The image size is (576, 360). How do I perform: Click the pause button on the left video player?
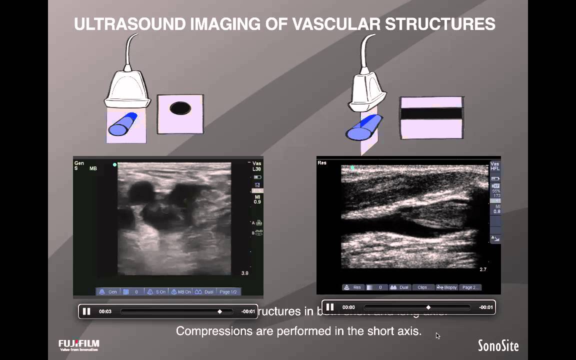coord(86,311)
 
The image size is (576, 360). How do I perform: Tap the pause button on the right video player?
coord(329,307)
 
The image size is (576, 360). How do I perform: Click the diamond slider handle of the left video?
coord(219,311)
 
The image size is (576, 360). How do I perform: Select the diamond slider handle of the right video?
coord(428,307)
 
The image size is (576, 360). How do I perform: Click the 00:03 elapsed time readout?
coord(105,311)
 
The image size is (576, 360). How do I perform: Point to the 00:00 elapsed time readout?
coord(348,307)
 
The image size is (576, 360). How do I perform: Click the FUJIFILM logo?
coord(79,344)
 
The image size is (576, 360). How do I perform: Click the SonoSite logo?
coord(498,345)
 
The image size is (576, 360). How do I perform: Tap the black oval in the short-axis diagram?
coord(180,108)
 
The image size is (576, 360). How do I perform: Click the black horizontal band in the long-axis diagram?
coord(431,113)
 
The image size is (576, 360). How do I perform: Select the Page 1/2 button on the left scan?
coord(228,291)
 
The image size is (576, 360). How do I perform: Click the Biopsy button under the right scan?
coord(447,287)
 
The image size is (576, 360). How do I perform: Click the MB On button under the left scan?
coord(181,291)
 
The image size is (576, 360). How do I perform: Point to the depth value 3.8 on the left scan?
coord(244,273)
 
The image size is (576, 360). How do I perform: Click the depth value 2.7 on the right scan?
coord(483,269)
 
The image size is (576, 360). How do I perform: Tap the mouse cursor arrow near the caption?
coord(437,335)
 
